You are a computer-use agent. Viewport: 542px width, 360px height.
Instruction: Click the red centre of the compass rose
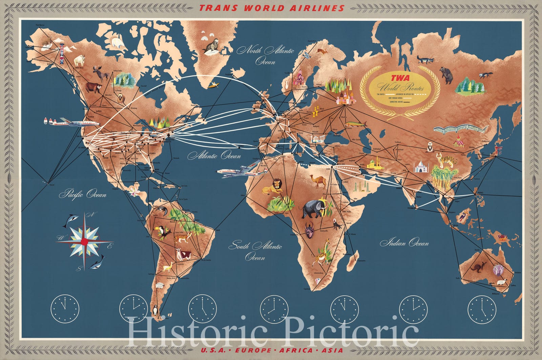(85, 241)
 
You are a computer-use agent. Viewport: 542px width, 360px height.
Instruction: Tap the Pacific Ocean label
(83, 195)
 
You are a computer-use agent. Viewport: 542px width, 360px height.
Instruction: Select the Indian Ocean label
(404, 243)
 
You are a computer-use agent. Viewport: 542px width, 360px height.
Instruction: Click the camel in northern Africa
(317, 182)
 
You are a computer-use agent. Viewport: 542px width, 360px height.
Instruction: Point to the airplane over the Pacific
(71, 123)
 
